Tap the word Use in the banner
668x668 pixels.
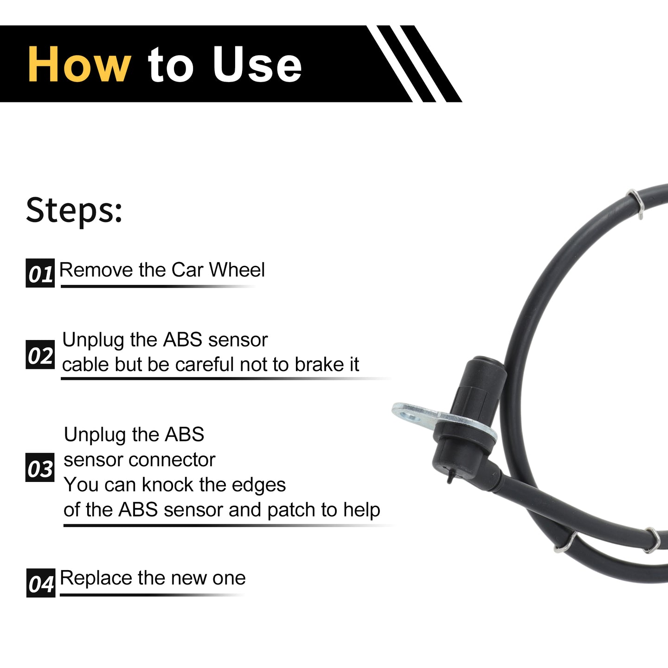coord(257,65)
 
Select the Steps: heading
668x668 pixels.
coord(74,211)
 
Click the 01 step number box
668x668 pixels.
coord(40,273)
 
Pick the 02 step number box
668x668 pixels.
coord(40,354)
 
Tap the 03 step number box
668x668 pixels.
coord(40,467)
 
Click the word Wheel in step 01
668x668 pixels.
coord(237,270)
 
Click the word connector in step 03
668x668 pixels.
coord(172,460)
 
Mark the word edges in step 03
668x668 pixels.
coord(259,485)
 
